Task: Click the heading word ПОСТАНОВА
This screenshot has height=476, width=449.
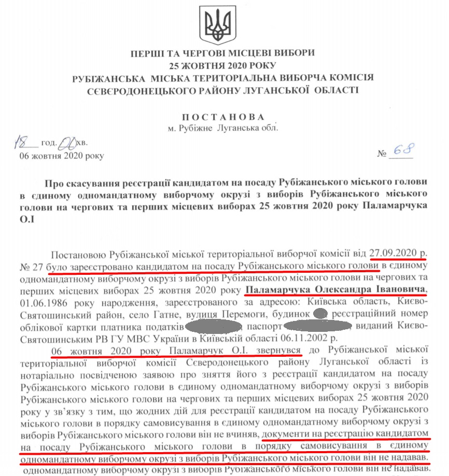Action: coord(223,117)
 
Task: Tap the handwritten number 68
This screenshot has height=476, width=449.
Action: coord(403,150)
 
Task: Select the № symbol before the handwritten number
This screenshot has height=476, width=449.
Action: coord(383,154)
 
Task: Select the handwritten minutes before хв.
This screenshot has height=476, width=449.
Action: coord(67,141)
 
